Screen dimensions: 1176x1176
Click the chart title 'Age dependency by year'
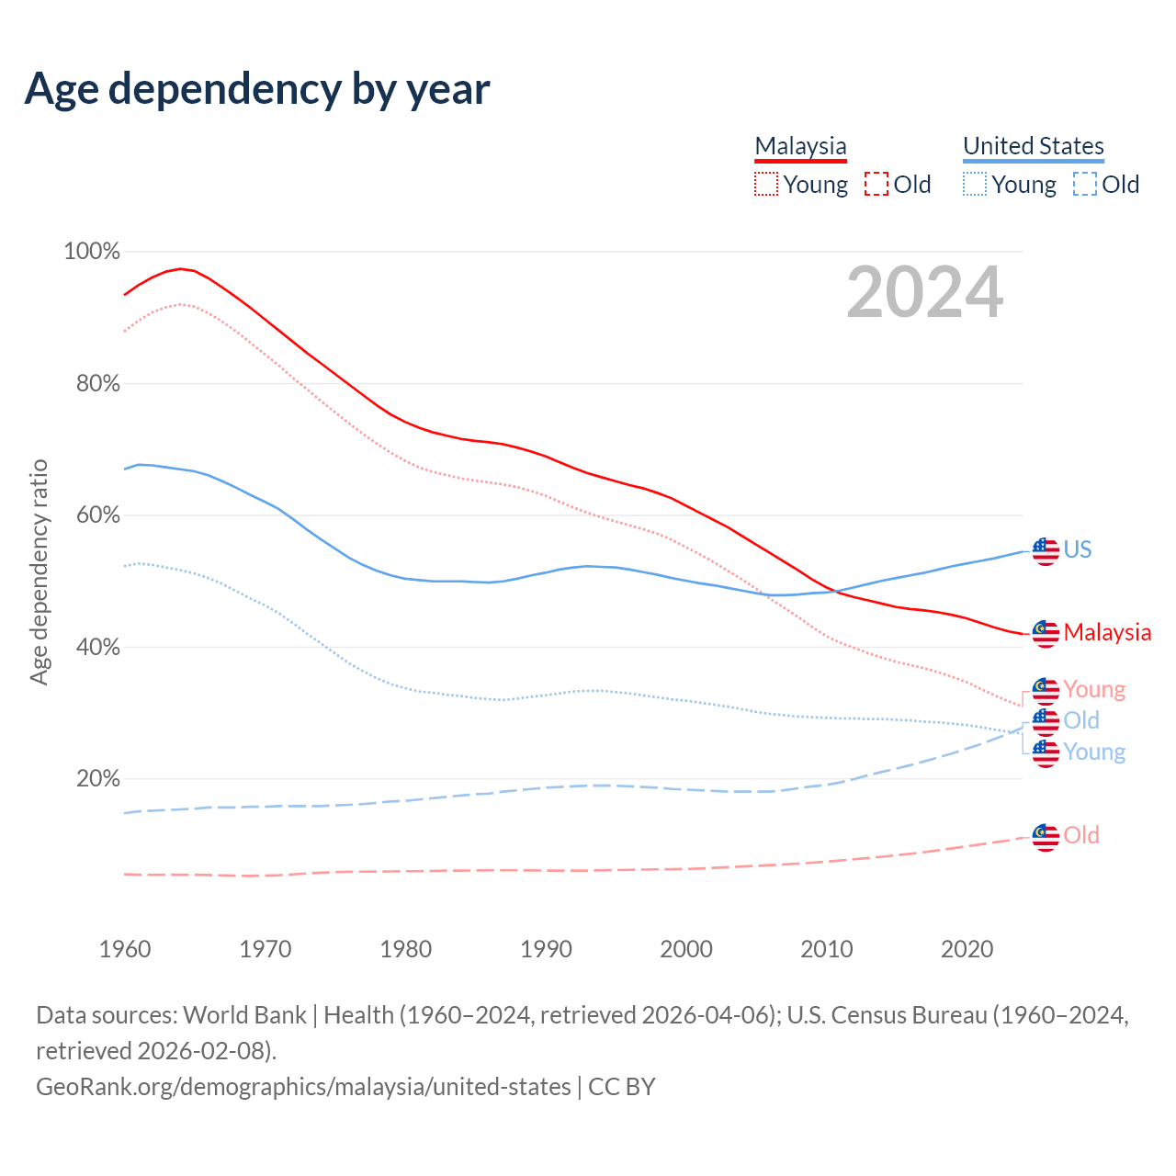tap(257, 89)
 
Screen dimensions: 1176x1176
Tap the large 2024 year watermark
tap(924, 293)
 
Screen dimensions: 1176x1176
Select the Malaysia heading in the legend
tap(800, 146)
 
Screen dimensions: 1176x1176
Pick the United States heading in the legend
tap(1033, 146)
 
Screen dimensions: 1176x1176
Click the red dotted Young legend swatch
tap(765, 184)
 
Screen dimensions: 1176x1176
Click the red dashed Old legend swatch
tap(876, 184)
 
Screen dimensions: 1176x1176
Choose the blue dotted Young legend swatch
tap(974, 184)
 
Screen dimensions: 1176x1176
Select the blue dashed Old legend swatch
tap(1085, 184)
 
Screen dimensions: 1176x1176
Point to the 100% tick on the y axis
tap(92, 251)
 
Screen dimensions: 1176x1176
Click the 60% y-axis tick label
tap(97, 514)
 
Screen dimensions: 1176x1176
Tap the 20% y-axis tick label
tap(97, 778)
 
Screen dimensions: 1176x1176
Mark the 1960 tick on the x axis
tap(125, 949)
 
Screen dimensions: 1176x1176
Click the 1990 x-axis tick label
tap(546, 949)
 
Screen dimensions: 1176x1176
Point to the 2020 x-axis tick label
tap(967, 949)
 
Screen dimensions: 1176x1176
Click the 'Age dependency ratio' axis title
tap(39, 571)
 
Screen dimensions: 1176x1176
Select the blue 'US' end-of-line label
tap(1078, 549)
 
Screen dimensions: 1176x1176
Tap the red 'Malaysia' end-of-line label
tap(1107, 632)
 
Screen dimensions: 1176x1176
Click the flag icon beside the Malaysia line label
tap(1046, 633)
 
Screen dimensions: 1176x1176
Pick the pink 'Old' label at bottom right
tap(1081, 835)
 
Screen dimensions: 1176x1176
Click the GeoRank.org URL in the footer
tap(303, 1087)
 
